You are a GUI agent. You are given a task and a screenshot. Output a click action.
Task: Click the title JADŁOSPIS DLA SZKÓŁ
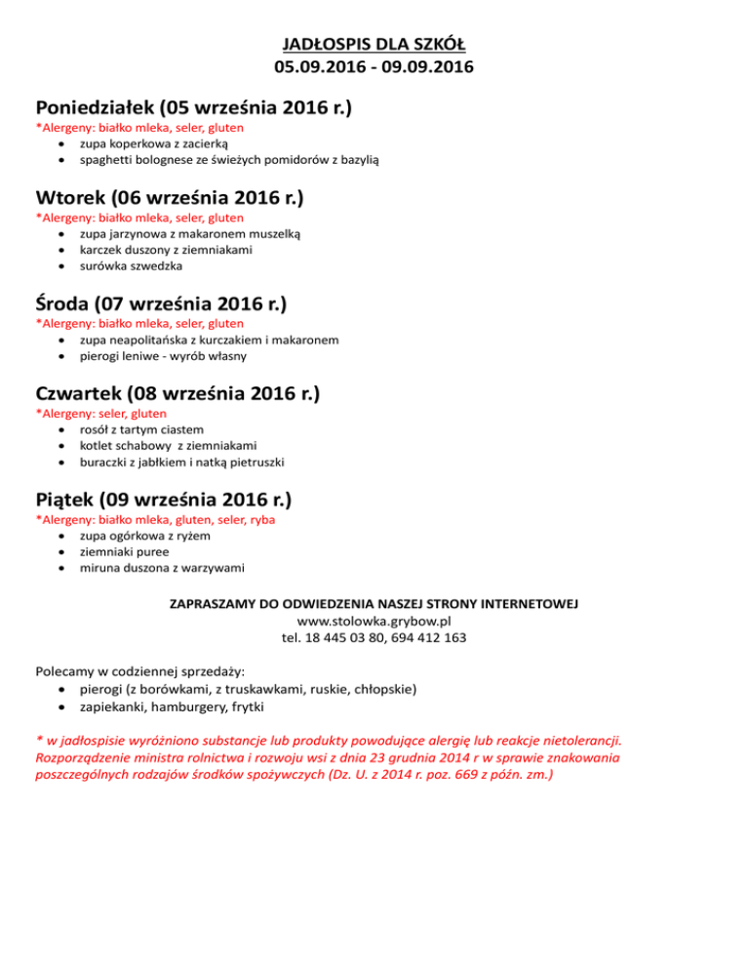(374, 45)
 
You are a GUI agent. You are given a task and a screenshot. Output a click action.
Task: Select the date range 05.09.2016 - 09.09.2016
(374, 67)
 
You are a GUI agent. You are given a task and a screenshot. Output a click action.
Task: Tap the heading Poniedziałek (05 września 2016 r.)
(193, 106)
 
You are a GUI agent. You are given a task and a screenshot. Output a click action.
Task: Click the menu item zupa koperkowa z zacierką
(153, 142)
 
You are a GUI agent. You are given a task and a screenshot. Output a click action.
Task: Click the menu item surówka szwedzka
(130, 264)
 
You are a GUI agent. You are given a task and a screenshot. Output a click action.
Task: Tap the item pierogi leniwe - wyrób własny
(163, 355)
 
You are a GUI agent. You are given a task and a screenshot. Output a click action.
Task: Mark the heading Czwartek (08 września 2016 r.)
(177, 394)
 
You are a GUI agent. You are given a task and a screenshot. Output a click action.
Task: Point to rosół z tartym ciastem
(142, 429)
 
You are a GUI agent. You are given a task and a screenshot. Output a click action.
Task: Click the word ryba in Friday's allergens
(260, 520)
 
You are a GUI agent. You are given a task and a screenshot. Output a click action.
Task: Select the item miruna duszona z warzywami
(162, 567)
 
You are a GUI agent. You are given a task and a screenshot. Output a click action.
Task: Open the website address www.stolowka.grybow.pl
(374, 620)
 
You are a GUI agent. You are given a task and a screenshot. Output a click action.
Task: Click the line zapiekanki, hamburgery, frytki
(172, 706)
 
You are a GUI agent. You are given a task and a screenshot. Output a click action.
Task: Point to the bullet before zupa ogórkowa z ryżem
(62, 536)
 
